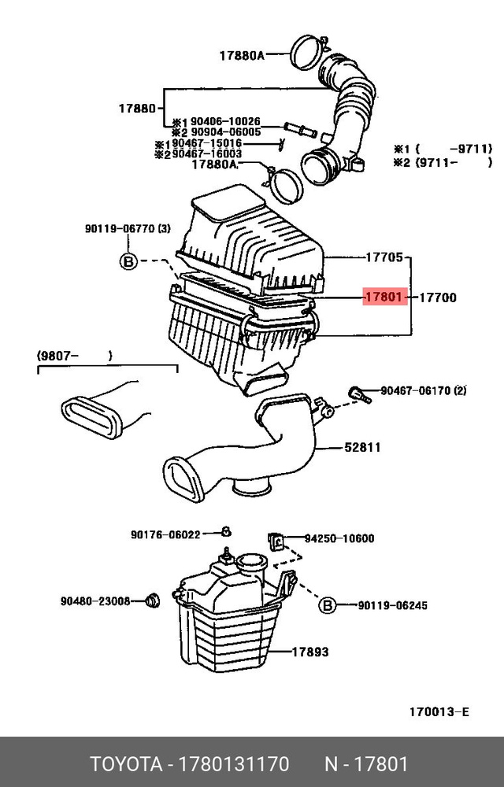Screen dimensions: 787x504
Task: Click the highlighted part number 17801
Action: (x=384, y=298)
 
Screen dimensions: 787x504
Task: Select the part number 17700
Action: (x=437, y=298)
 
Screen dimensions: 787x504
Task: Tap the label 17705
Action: (x=384, y=257)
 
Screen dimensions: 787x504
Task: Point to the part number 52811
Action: (x=362, y=448)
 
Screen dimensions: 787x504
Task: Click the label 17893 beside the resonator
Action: (x=310, y=652)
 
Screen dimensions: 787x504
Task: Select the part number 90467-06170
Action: (x=416, y=390)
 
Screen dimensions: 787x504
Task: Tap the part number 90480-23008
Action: (x=95, y=601)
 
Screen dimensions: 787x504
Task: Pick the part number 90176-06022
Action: (x=165, y=534)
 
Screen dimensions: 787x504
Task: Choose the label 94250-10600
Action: (x=339, y=539)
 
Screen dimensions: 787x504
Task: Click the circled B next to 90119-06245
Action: (x=328, y=605)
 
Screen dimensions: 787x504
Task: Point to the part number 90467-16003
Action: (x=207, y=154)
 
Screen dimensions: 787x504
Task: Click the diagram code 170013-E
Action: (x=439, y=712)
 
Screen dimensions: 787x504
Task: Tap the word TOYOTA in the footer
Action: (x=122, y=765)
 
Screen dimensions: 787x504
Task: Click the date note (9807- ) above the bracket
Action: (x=74, y=356)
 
